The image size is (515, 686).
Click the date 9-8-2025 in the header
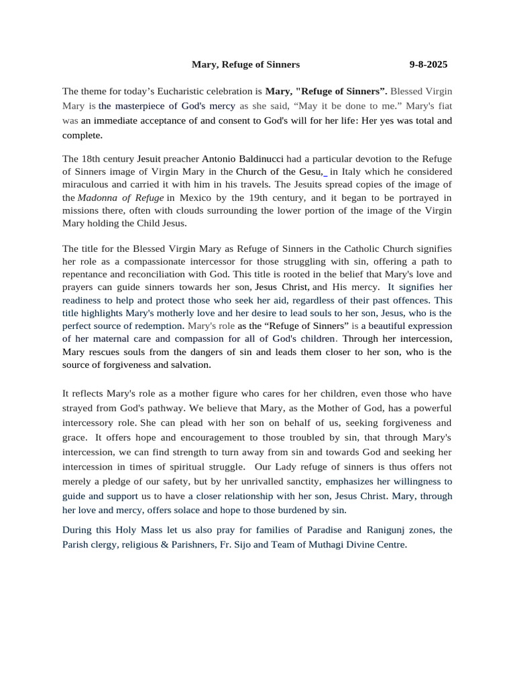tap(428, 64)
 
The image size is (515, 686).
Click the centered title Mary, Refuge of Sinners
tap(245, 64)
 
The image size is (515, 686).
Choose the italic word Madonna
tap(99, 198)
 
